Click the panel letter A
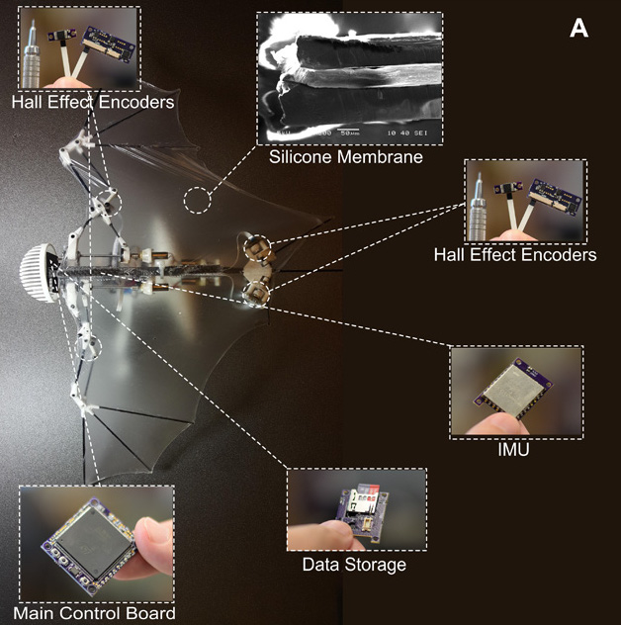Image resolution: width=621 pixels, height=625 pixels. coord(579,29)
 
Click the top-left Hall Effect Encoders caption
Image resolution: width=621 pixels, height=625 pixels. coord(93,101)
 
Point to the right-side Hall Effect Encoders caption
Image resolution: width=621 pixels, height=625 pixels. coord(514,255)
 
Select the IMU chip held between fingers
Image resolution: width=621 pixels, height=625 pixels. coord(513,390)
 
